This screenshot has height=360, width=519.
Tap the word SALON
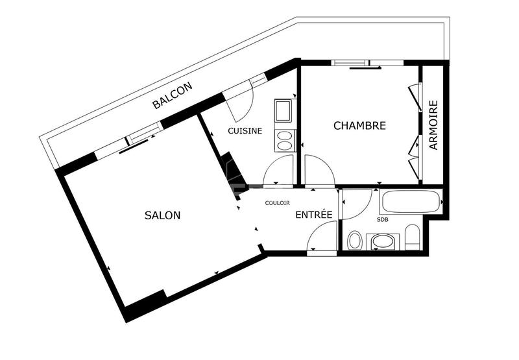pos(162,215)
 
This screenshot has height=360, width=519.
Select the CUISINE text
pos(245,131)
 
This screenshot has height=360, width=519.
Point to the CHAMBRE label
pos(359,126)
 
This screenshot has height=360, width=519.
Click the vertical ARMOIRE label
pos(433,125)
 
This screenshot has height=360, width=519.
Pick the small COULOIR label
pos(277,203)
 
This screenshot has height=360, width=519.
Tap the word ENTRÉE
pos(314,215)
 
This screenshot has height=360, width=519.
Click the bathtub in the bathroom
pos(411,201)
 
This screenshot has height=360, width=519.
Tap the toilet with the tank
pos(413,237)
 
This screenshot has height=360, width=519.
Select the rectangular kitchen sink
pos(284,112)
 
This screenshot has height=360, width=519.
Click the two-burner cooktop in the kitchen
pos(284,141)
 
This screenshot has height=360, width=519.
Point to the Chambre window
pos(350,64)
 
